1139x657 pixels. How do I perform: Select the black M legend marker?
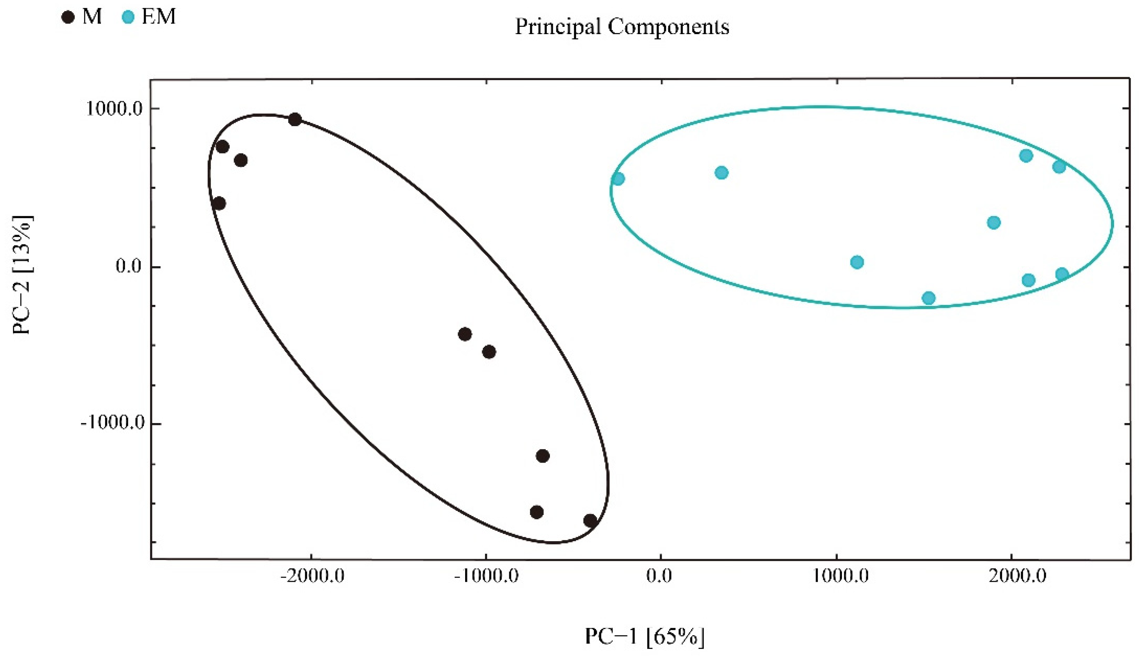68,18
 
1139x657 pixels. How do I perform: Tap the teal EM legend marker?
128,18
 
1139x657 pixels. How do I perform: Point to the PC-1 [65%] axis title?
644,637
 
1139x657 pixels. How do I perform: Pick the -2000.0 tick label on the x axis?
312,577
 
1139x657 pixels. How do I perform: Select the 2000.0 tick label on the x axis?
1018,577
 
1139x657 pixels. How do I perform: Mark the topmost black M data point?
295,120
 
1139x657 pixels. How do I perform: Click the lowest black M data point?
590,521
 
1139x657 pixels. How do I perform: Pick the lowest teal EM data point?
929,298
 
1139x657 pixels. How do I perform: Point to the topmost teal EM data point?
1026,156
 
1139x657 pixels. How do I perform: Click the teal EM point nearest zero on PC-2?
857,262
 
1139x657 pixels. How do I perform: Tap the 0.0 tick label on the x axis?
660,577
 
